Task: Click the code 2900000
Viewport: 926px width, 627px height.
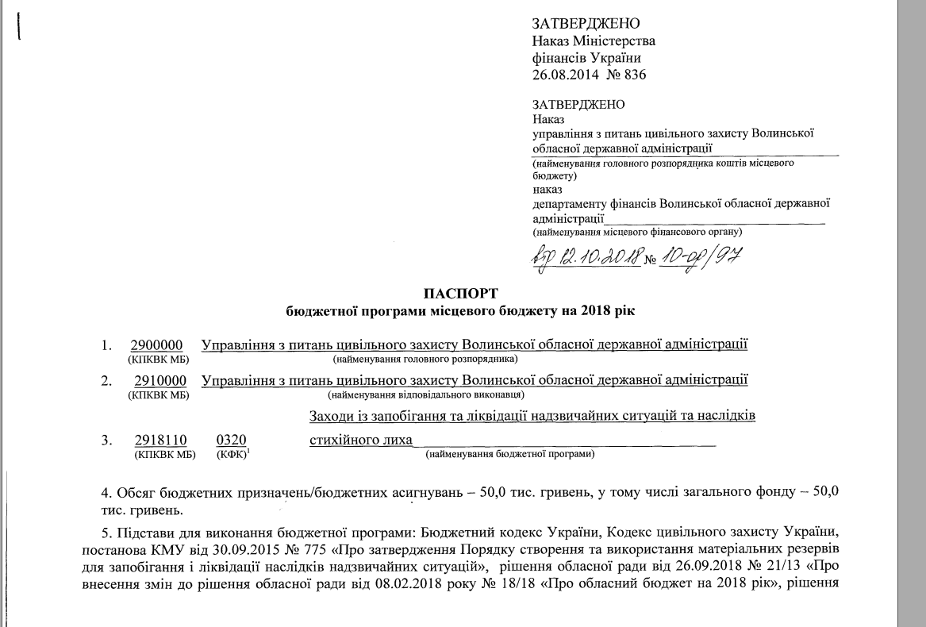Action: tap(157, 345)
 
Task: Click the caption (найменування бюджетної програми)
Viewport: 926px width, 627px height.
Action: tap(510, 455)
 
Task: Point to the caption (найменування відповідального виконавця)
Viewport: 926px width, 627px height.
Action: tap(426, 394)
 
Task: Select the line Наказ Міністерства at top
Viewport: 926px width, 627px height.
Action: tap(594, 40)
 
